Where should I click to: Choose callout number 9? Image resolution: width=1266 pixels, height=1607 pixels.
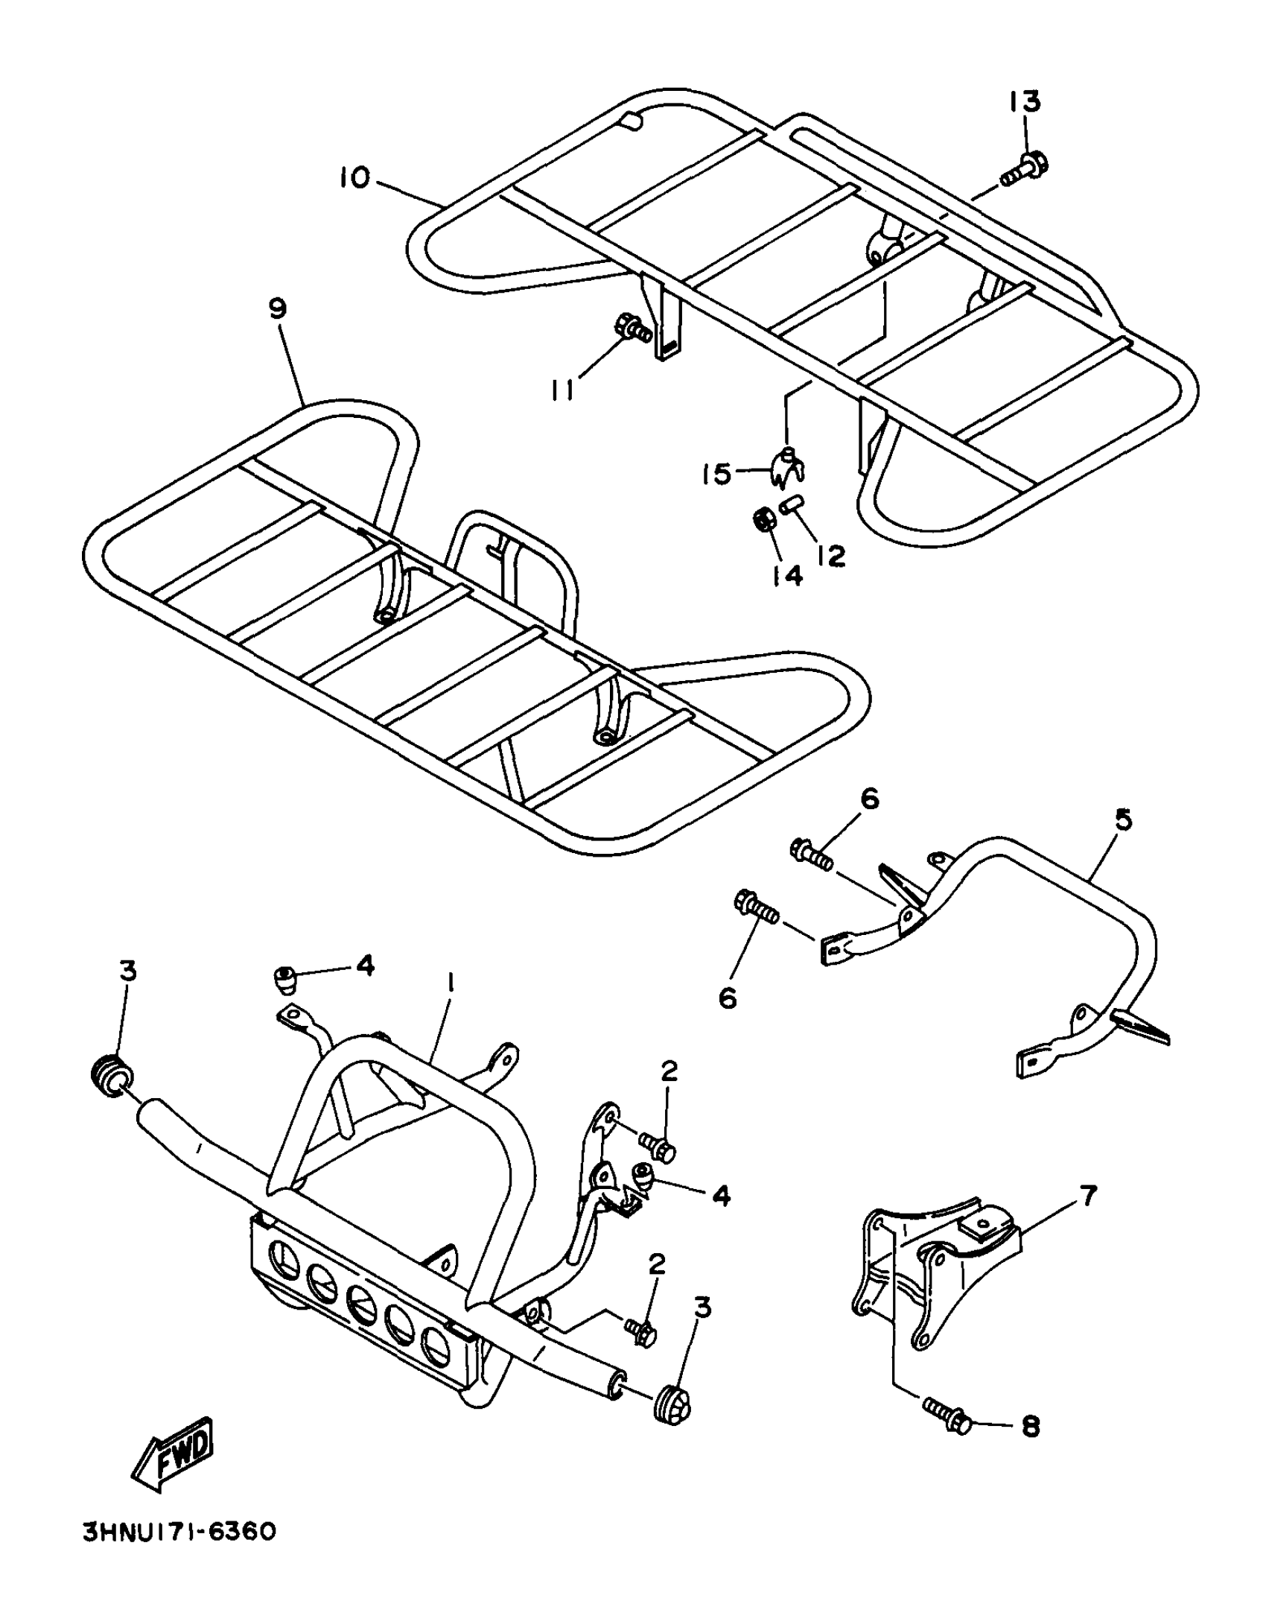click(x=277, y=308)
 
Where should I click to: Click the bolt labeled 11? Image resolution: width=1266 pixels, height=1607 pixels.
click(x=634, y=328)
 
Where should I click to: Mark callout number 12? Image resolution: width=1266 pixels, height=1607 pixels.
click(x=830, y=556)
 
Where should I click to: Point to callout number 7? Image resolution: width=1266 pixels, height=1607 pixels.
click(x=1088, y=1196)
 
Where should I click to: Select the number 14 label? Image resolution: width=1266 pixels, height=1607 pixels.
click(x=787, y=574)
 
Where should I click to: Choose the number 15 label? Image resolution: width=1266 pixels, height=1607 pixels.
click(x=717, y=474)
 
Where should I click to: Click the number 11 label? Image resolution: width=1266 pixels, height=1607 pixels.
click(x=564, y=389)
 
